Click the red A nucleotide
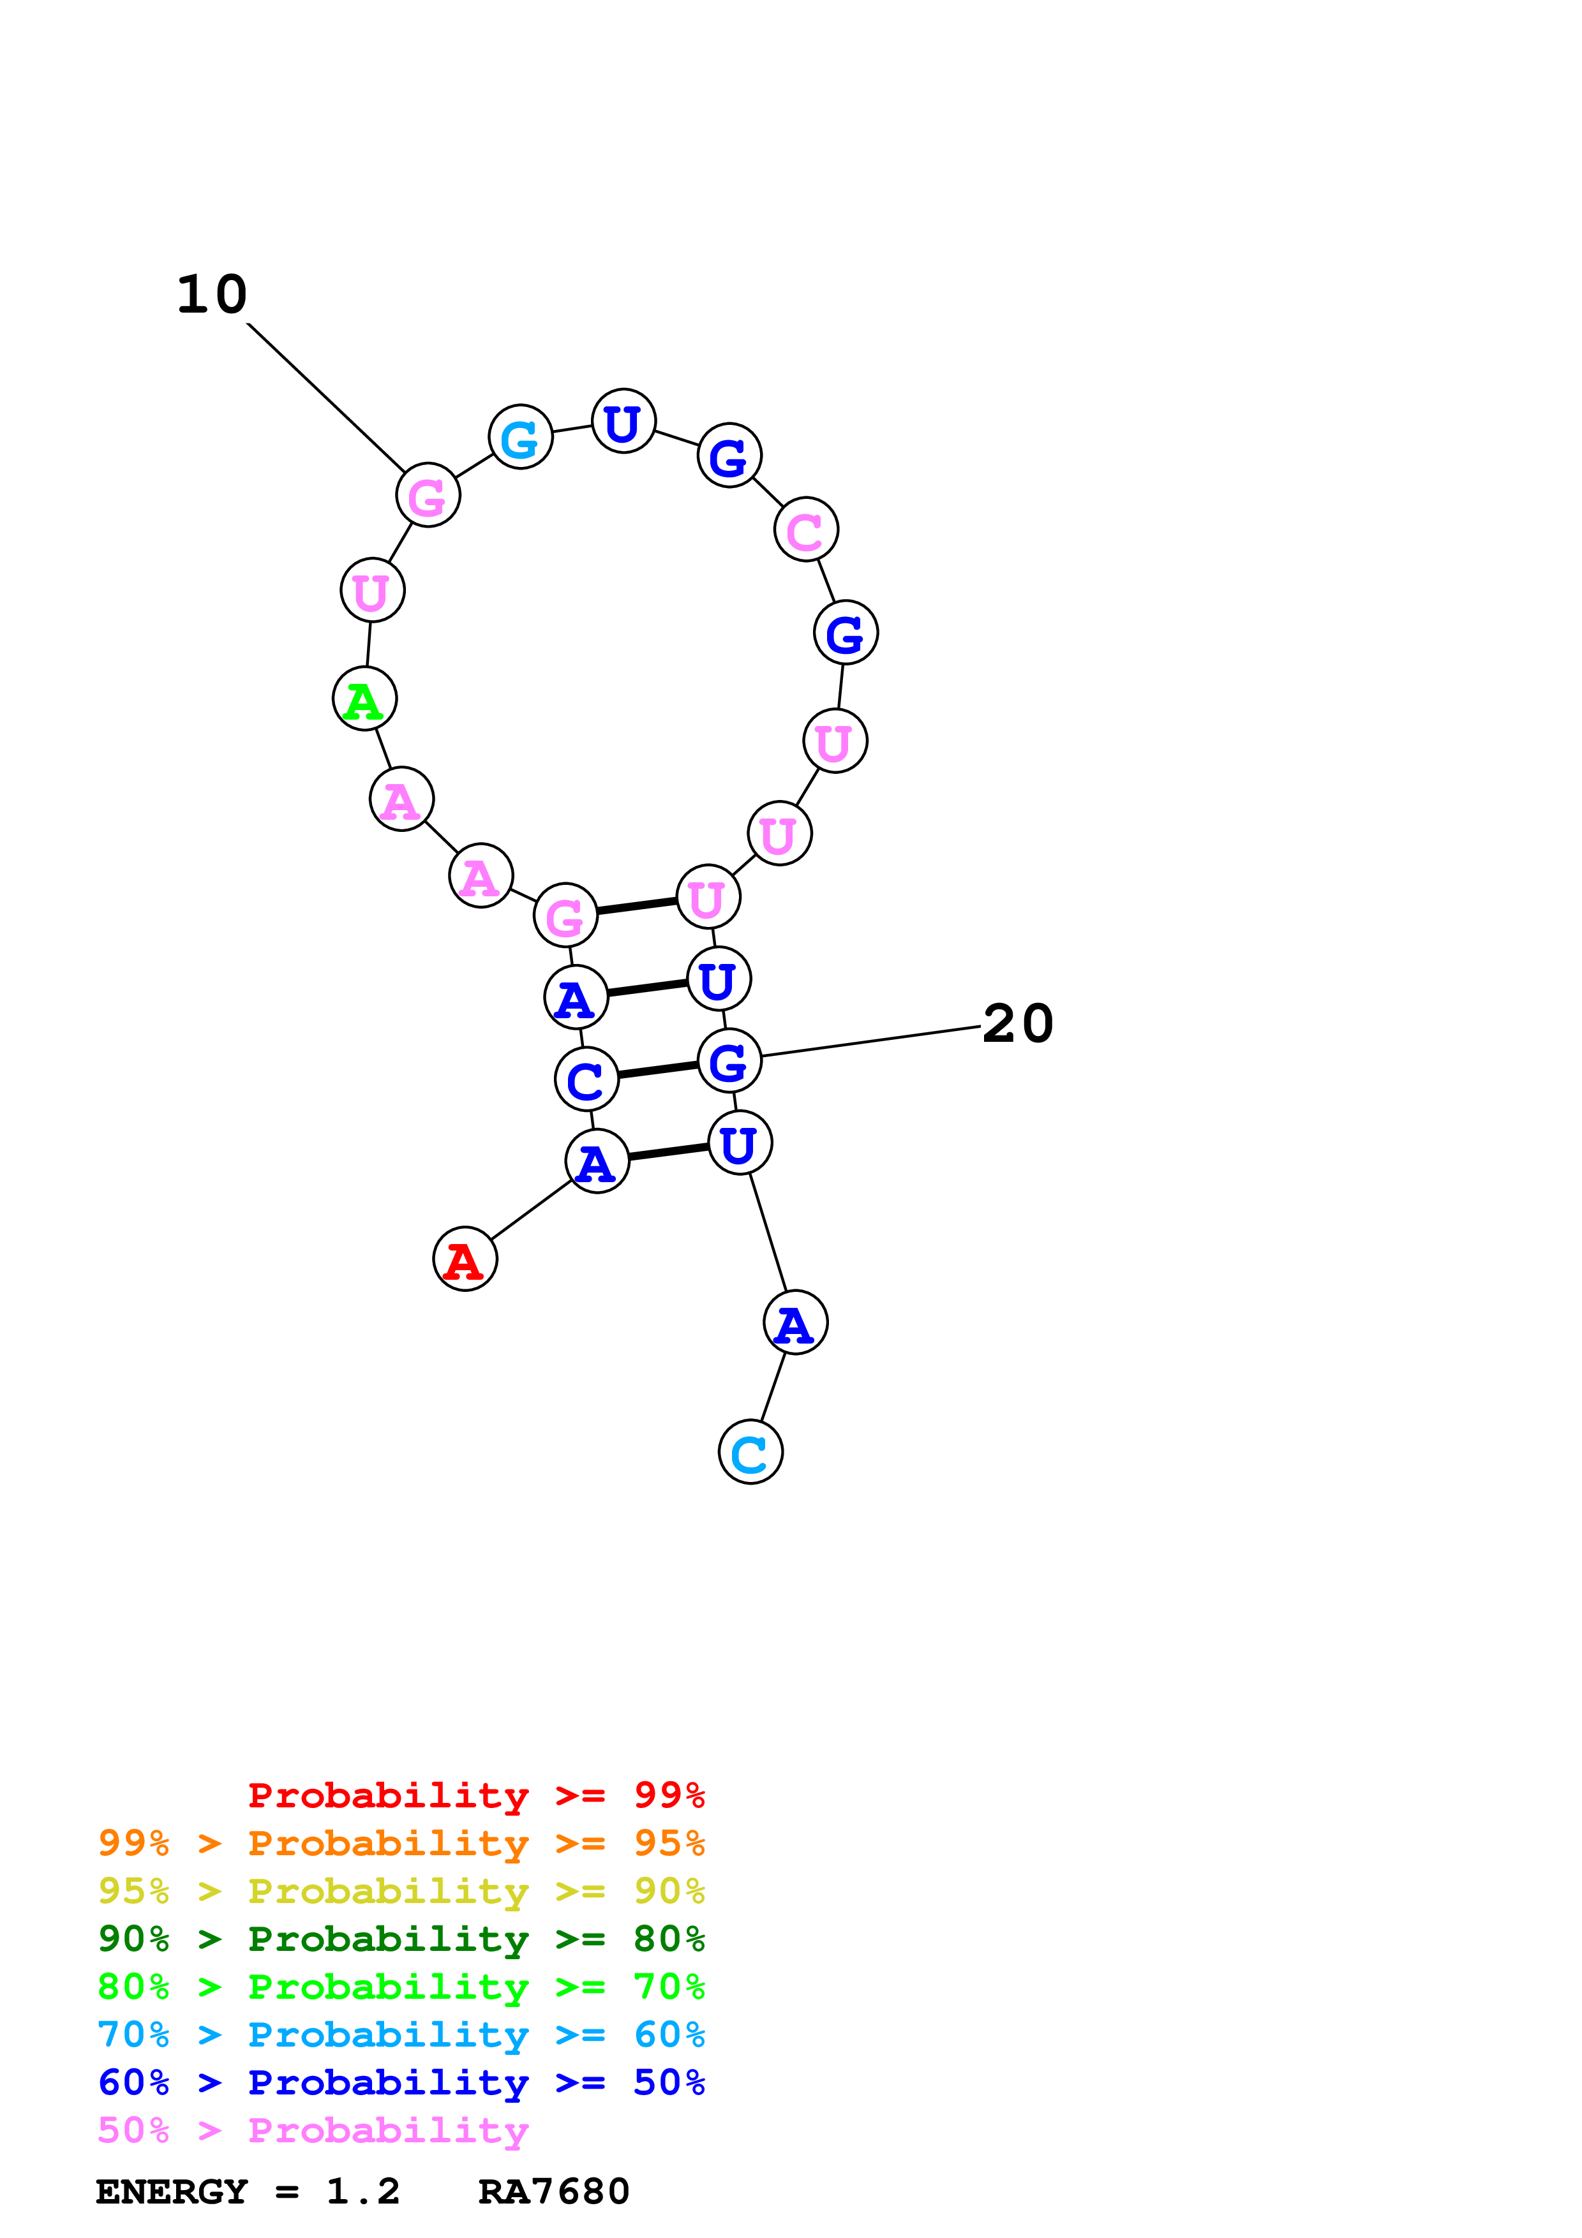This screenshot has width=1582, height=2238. (x=465, y=1258)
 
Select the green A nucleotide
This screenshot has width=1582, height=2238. (x=364, y=699)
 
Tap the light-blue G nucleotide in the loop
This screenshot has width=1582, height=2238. (x=521, y=436)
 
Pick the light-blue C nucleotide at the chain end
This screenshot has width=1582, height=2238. (x=750, y=1453)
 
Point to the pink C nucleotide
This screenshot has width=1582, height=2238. (x=806, y=530)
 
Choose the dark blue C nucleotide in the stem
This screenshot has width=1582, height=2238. (x=587, y=1079)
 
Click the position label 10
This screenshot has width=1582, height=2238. (x=211, y=294)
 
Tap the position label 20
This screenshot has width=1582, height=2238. (x=1018, y=1023)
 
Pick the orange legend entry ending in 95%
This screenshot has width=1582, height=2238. (x=401, y=1843)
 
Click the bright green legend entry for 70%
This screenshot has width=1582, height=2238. (x=401, y=1987)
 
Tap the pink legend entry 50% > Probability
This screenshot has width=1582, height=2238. (x=313, y=2130)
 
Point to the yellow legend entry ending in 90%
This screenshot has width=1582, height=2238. (x=401, y=1891)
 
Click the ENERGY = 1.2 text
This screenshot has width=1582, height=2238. (x=248, y=2191)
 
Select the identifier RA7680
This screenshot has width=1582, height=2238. (x=554, y=2191)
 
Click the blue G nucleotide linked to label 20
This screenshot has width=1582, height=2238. (x=729, y=1060)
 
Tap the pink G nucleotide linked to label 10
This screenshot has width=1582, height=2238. (x=428, y=495)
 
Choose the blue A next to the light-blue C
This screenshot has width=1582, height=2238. (x=795, y=1322)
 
